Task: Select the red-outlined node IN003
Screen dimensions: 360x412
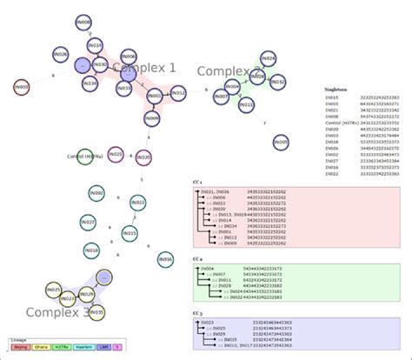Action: (22, 87)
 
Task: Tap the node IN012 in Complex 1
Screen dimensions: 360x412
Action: (178, 92)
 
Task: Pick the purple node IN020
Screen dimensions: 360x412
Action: (144, 157)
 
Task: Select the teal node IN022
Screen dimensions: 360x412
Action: (137, 203)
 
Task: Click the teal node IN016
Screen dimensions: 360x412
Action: (165, 258)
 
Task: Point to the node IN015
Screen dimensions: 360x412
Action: (130, 233)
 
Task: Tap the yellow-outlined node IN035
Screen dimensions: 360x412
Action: (96, 311)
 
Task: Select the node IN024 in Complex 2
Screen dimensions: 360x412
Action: (269, 59)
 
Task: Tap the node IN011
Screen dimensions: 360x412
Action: (247, 106)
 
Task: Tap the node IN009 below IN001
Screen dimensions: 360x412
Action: (151, 117)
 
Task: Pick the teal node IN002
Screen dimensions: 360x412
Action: (96, 193)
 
